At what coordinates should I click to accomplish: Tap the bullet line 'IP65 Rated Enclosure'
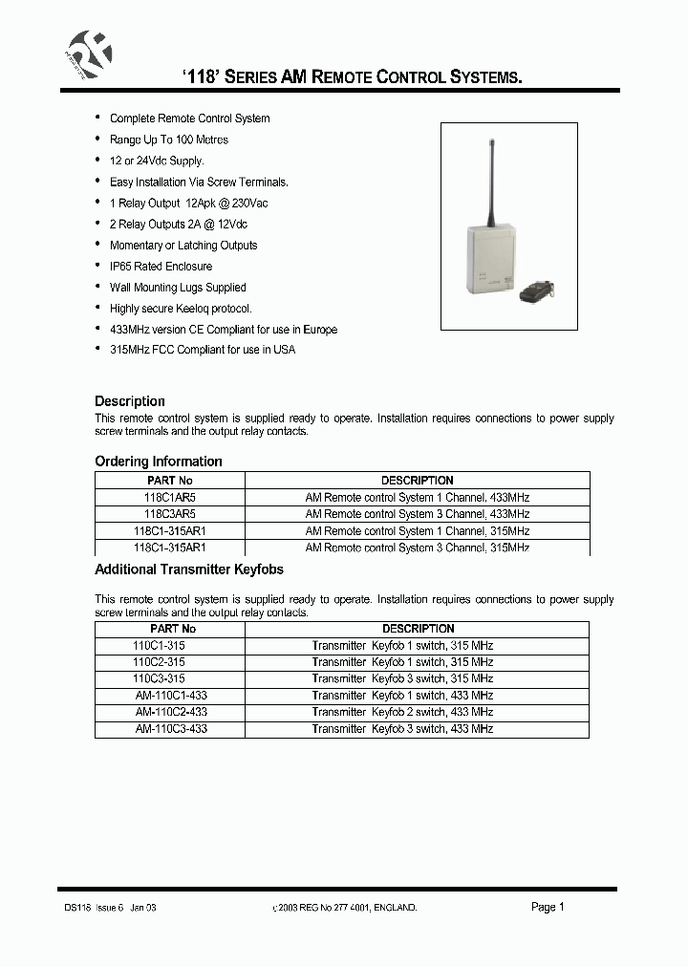[x=161, y=267]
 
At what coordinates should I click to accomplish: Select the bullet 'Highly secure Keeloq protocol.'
[x=181, y=309]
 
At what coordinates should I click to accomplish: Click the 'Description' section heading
[x=130, y=401]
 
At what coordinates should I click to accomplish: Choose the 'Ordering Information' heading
[x=159, y=462]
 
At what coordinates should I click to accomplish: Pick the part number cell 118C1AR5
[x=171, y=498]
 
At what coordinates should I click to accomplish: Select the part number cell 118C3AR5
[x=171, y=514]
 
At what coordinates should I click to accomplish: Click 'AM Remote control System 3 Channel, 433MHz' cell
[x=417, y=514]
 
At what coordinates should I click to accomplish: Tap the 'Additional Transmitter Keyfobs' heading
[x=189, y=569]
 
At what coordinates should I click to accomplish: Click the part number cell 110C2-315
[x=160, y=662]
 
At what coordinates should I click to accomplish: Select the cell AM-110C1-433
[x=171, y=696]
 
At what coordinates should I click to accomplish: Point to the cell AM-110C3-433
[x=171, y=729]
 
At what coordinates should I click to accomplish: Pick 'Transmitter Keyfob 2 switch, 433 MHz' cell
[x=402, y=712]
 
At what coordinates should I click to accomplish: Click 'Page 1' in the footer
[x=548, y=908]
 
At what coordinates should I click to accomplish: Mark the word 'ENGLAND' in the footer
[x=394, y=909]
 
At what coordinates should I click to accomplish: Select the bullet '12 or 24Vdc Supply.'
[x=157, y=161]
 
